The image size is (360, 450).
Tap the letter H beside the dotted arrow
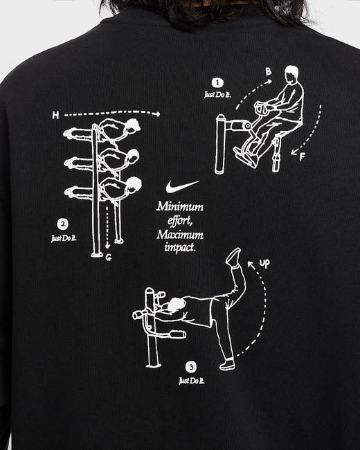click(x=55, y=116)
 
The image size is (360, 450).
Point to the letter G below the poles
click(x=110, y=257)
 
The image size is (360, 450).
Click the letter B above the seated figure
click(x=269, y=71)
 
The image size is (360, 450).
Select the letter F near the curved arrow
click(x=302, y=157)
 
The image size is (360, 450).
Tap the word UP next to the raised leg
click(x=264, y=264)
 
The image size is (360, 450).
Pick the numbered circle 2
click(x=63, y=224)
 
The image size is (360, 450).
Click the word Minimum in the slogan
click(x=180, y=206)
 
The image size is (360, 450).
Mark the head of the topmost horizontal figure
click(x=133, y=125)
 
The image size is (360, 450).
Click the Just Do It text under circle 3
click(x=190, y=380)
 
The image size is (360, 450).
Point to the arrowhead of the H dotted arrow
click(x=158, y=114)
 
